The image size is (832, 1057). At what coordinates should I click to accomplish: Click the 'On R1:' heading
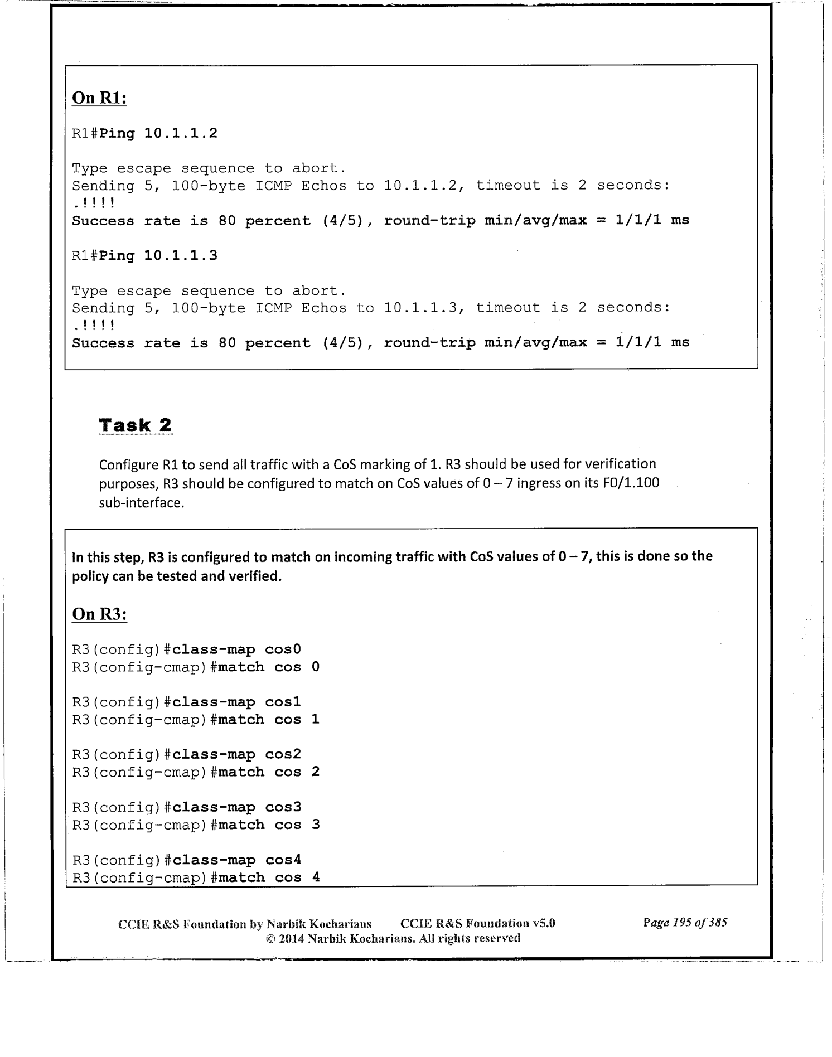tap(99, 98)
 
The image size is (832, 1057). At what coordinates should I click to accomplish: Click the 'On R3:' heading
tap(99, 614)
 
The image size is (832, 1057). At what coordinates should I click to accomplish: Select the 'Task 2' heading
tap(135, 425)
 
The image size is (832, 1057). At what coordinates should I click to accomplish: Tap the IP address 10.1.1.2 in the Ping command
tap(181, 134)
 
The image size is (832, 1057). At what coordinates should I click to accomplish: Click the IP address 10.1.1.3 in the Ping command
tap(181, 256)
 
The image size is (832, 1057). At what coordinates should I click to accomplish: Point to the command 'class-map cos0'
tap(237, 649)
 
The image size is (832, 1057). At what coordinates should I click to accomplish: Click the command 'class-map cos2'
tap(237, 755)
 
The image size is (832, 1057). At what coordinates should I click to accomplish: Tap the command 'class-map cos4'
tap(237, 860)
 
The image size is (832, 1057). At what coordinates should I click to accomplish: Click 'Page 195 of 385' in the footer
tap(685, 923)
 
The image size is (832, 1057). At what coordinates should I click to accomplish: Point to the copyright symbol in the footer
tap(270, 939)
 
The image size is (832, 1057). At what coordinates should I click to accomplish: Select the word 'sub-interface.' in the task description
tap(142, 503)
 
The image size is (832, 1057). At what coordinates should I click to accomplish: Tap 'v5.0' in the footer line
tap(544, 923)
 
